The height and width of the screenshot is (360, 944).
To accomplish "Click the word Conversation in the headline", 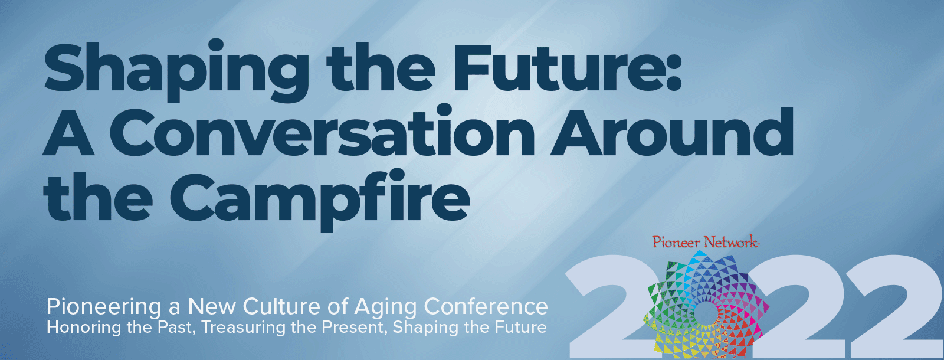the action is point(323,132).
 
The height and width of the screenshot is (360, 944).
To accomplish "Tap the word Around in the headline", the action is point(673,132).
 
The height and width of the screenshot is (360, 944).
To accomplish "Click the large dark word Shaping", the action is point(176,70).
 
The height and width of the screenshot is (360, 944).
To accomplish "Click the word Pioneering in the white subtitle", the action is point(104,307).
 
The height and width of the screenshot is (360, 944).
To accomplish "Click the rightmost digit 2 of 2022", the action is point(893,307).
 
